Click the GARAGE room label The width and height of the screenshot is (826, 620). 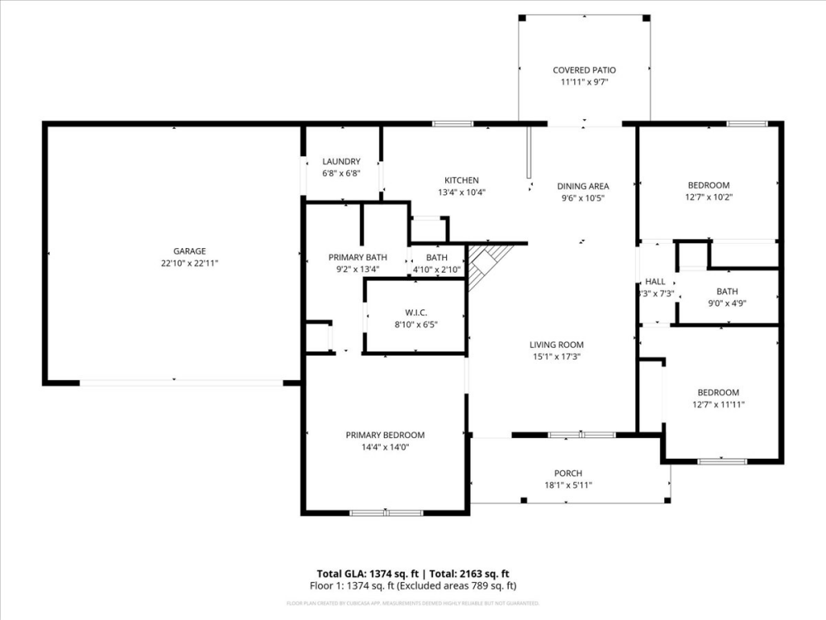[x=189, y=251]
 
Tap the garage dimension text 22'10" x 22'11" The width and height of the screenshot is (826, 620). [x=189, y=263]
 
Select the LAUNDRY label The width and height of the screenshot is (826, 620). [x=341, y=162]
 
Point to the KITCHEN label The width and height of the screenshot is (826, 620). [x=462, y=180]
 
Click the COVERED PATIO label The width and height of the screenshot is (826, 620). [x=584, y=70]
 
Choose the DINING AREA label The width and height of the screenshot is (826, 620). [x=583, y=187]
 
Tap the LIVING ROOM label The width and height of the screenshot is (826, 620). [x=557, y=345]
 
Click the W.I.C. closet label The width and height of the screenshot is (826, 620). [x=415, y=312]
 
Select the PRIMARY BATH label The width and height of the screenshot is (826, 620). [x=358, y=257]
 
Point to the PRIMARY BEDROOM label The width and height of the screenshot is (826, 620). [x=385, y=435]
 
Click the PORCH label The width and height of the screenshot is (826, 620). [x=568, y=474]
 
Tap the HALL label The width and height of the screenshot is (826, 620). [x=655, y=282]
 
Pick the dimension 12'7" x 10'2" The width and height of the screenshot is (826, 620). [x=709, y=197]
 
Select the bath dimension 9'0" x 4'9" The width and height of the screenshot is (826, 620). [x=727, y=303]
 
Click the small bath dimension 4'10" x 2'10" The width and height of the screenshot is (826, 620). [x=436, y=269]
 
